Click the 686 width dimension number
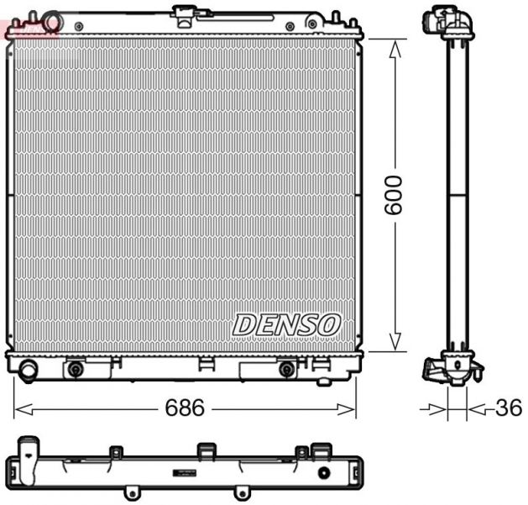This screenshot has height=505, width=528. [x=185, y=408]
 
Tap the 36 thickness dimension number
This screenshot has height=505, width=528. [x=508, y=408]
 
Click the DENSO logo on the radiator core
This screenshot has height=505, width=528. [x=286, y=324]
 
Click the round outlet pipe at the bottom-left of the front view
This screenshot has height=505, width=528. [x=28, y=370]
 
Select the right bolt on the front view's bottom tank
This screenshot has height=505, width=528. [x=286, y=370]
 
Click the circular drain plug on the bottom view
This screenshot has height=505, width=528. [x=323, y=473]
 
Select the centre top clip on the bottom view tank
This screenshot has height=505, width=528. [x=204, y=451]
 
